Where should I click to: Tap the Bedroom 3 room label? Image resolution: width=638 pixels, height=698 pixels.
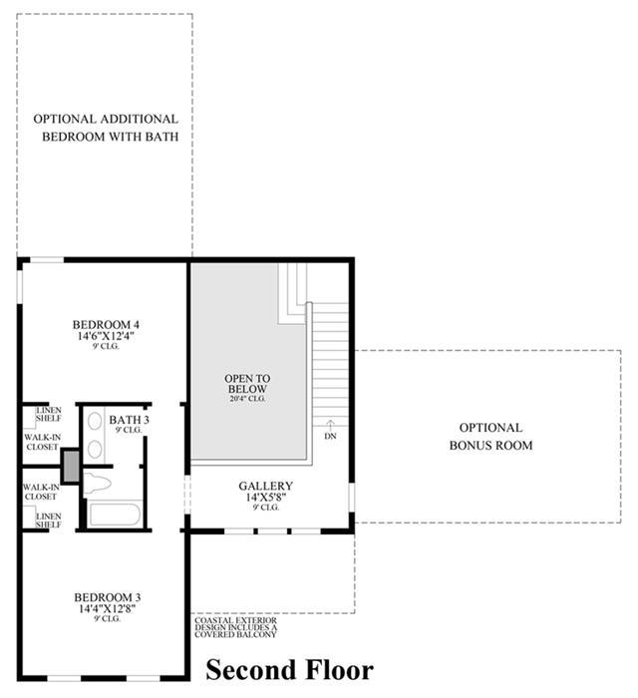coord(108,597)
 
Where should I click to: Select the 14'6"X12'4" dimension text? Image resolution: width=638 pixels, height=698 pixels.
coord(106,336)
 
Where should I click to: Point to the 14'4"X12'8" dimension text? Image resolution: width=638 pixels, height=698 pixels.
coord(108,608)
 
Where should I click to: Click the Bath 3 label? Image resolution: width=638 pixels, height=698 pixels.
coord(129,420)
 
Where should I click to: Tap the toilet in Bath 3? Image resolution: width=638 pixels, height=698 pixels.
coord(97,483)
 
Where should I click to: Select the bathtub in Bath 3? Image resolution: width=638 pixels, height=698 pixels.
coord(116,515)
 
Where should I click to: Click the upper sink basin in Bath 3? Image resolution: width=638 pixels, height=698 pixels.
coord(95,421)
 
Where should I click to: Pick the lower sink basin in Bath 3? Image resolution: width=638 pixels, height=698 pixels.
coord(95,449)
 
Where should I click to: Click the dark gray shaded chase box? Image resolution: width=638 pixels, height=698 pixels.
coord(71,466)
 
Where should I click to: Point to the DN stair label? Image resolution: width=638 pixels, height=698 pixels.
coord(330,437)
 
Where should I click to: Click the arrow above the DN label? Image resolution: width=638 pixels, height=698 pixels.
coord(330,424)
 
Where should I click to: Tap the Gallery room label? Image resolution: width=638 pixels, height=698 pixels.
coord(265,486)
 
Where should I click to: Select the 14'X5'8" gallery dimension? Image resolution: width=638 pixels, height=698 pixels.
coord(265,497)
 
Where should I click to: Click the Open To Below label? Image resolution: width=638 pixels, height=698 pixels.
coord(247,383)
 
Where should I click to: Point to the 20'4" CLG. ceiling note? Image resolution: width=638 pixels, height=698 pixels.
coord(247,399)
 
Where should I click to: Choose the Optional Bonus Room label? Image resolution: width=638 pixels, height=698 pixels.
coord(490,437)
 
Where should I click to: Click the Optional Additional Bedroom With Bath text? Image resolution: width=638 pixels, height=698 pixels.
coord(107,128)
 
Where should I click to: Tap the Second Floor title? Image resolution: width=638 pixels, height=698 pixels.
coord(290,669)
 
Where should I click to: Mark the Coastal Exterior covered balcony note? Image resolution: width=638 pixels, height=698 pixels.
coord(236,627)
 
